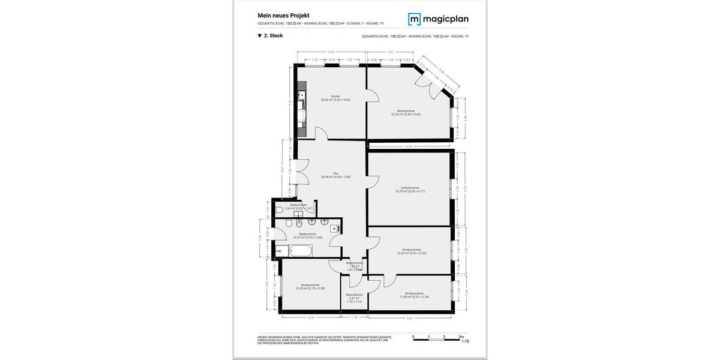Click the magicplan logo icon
[415, 19]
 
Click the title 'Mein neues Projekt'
[283, 15]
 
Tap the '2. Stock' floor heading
[270, 36]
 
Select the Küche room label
[335, 98]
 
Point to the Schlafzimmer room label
[410, 190]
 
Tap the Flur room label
[335, 175]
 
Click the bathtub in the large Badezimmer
[293, 250]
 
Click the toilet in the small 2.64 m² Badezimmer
[280, 209]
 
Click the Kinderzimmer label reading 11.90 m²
[414, 295]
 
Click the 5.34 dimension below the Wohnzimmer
[409, 146]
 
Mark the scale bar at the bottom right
[437, 339]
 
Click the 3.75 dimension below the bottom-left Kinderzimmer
[311, 317]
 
